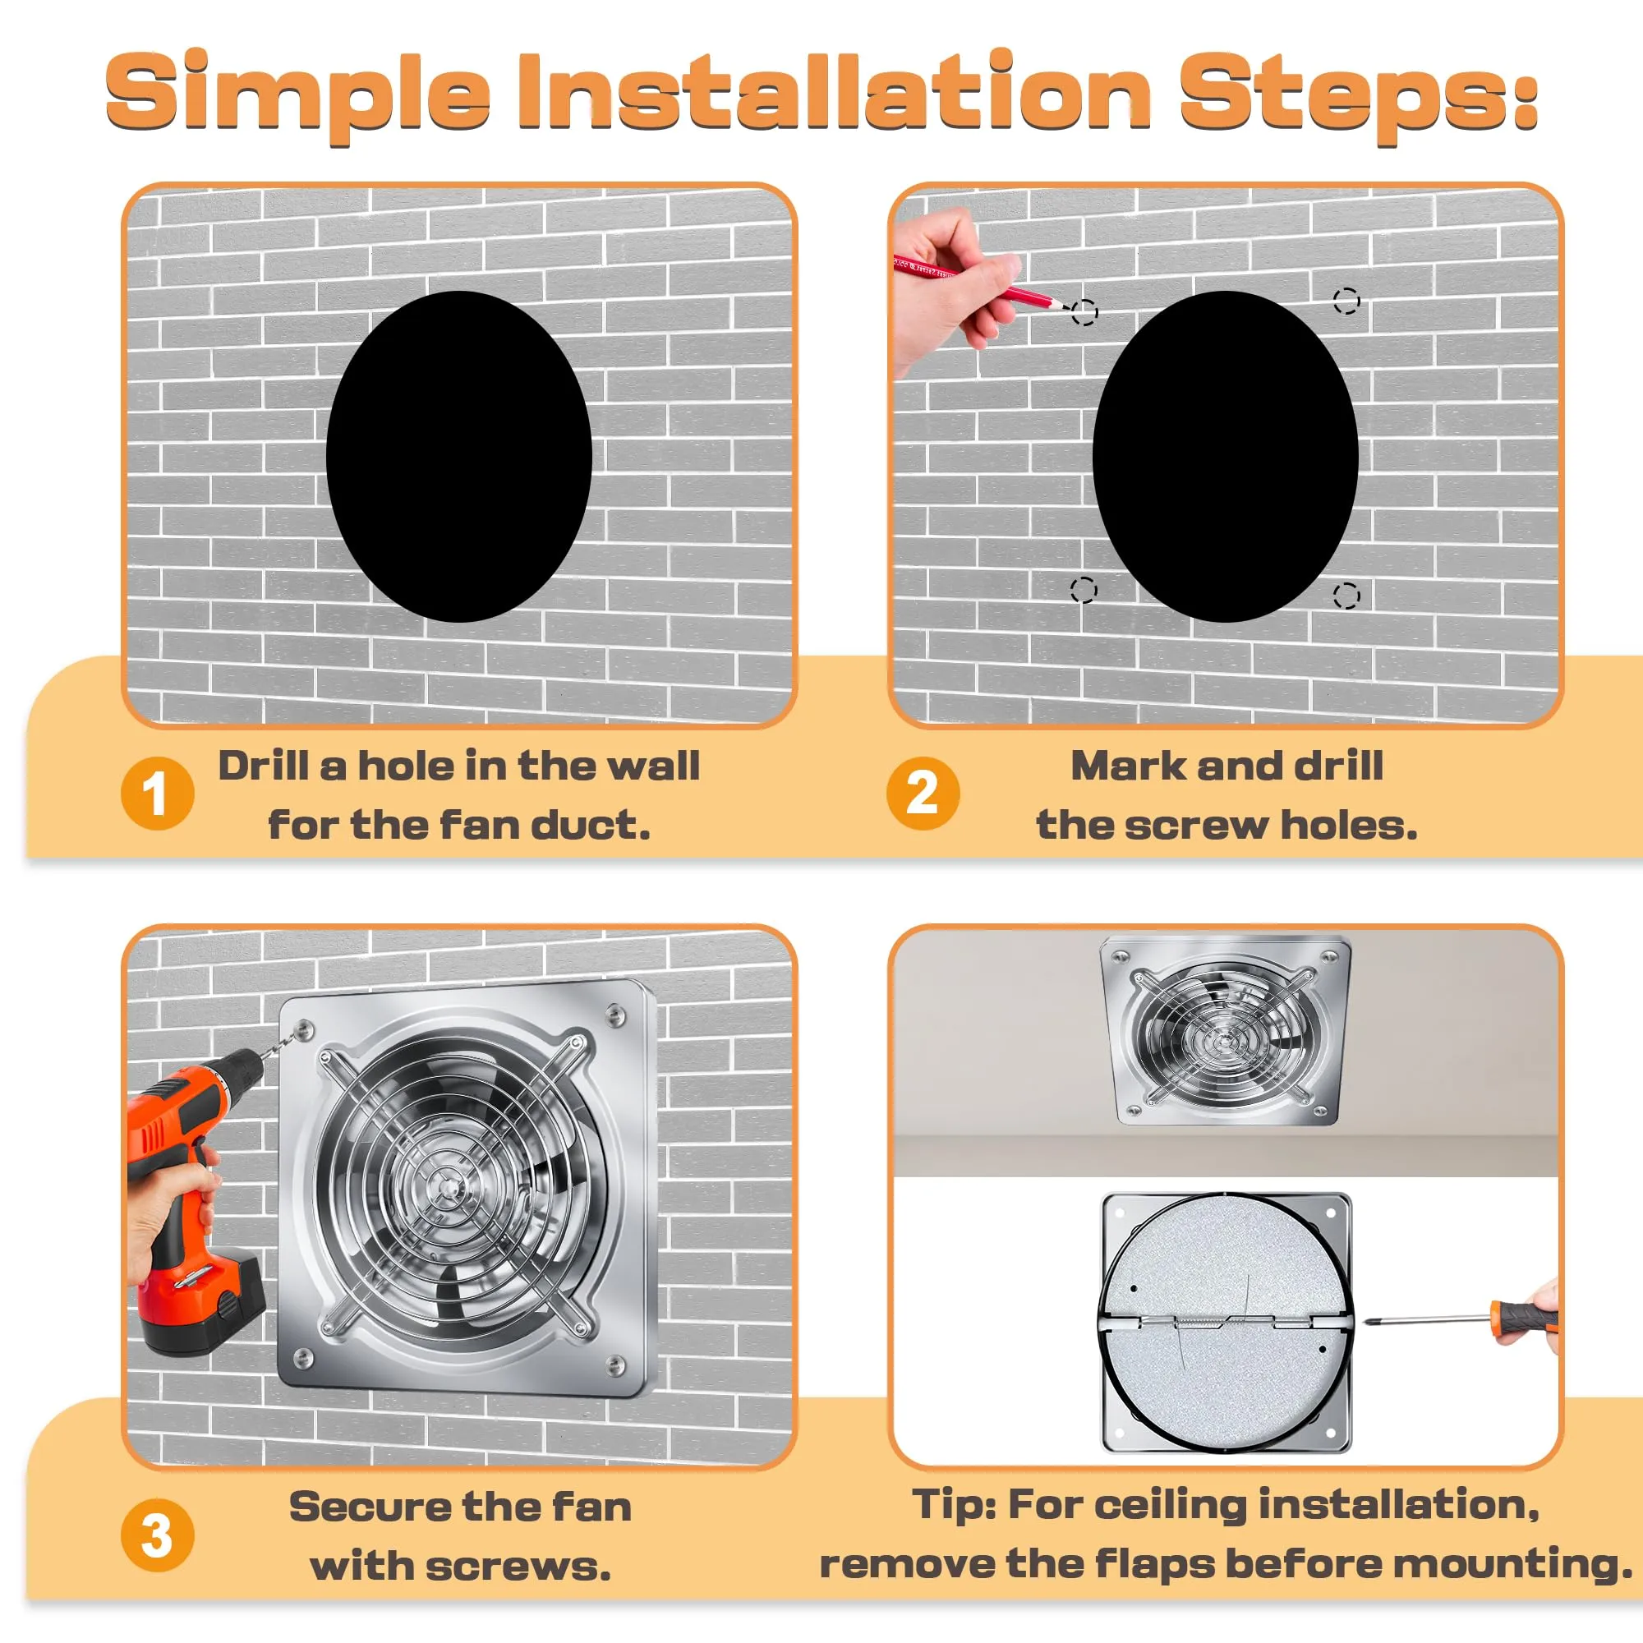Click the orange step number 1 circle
(158, 793)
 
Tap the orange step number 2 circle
(923, 793)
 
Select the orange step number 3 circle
(158, 1536)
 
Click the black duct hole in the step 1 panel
(459, 457)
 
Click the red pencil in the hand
(978, 282)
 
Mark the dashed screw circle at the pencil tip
(1084, 312)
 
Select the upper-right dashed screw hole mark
(1346, 301)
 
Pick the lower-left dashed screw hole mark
(1084, 589)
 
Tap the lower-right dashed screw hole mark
(1346, 596)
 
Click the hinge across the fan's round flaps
(1225, 1322)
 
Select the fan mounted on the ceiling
(1225, 1030)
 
